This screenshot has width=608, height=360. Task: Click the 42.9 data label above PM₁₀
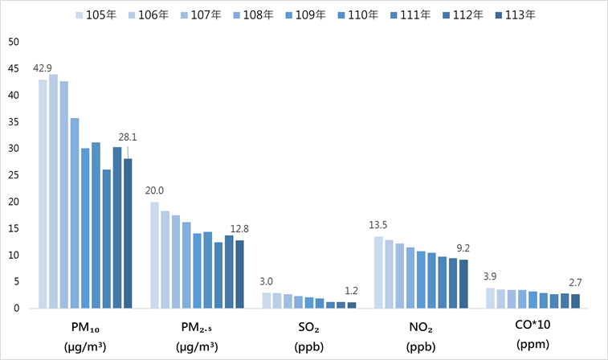[42, 68]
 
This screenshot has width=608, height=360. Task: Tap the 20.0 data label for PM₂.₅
[153, 190]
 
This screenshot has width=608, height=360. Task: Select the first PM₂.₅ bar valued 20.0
[154, 255]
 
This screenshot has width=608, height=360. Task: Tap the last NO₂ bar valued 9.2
[463, 284]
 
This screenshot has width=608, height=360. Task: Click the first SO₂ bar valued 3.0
[267, 300]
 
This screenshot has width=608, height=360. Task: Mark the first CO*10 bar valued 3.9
[490, 297]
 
